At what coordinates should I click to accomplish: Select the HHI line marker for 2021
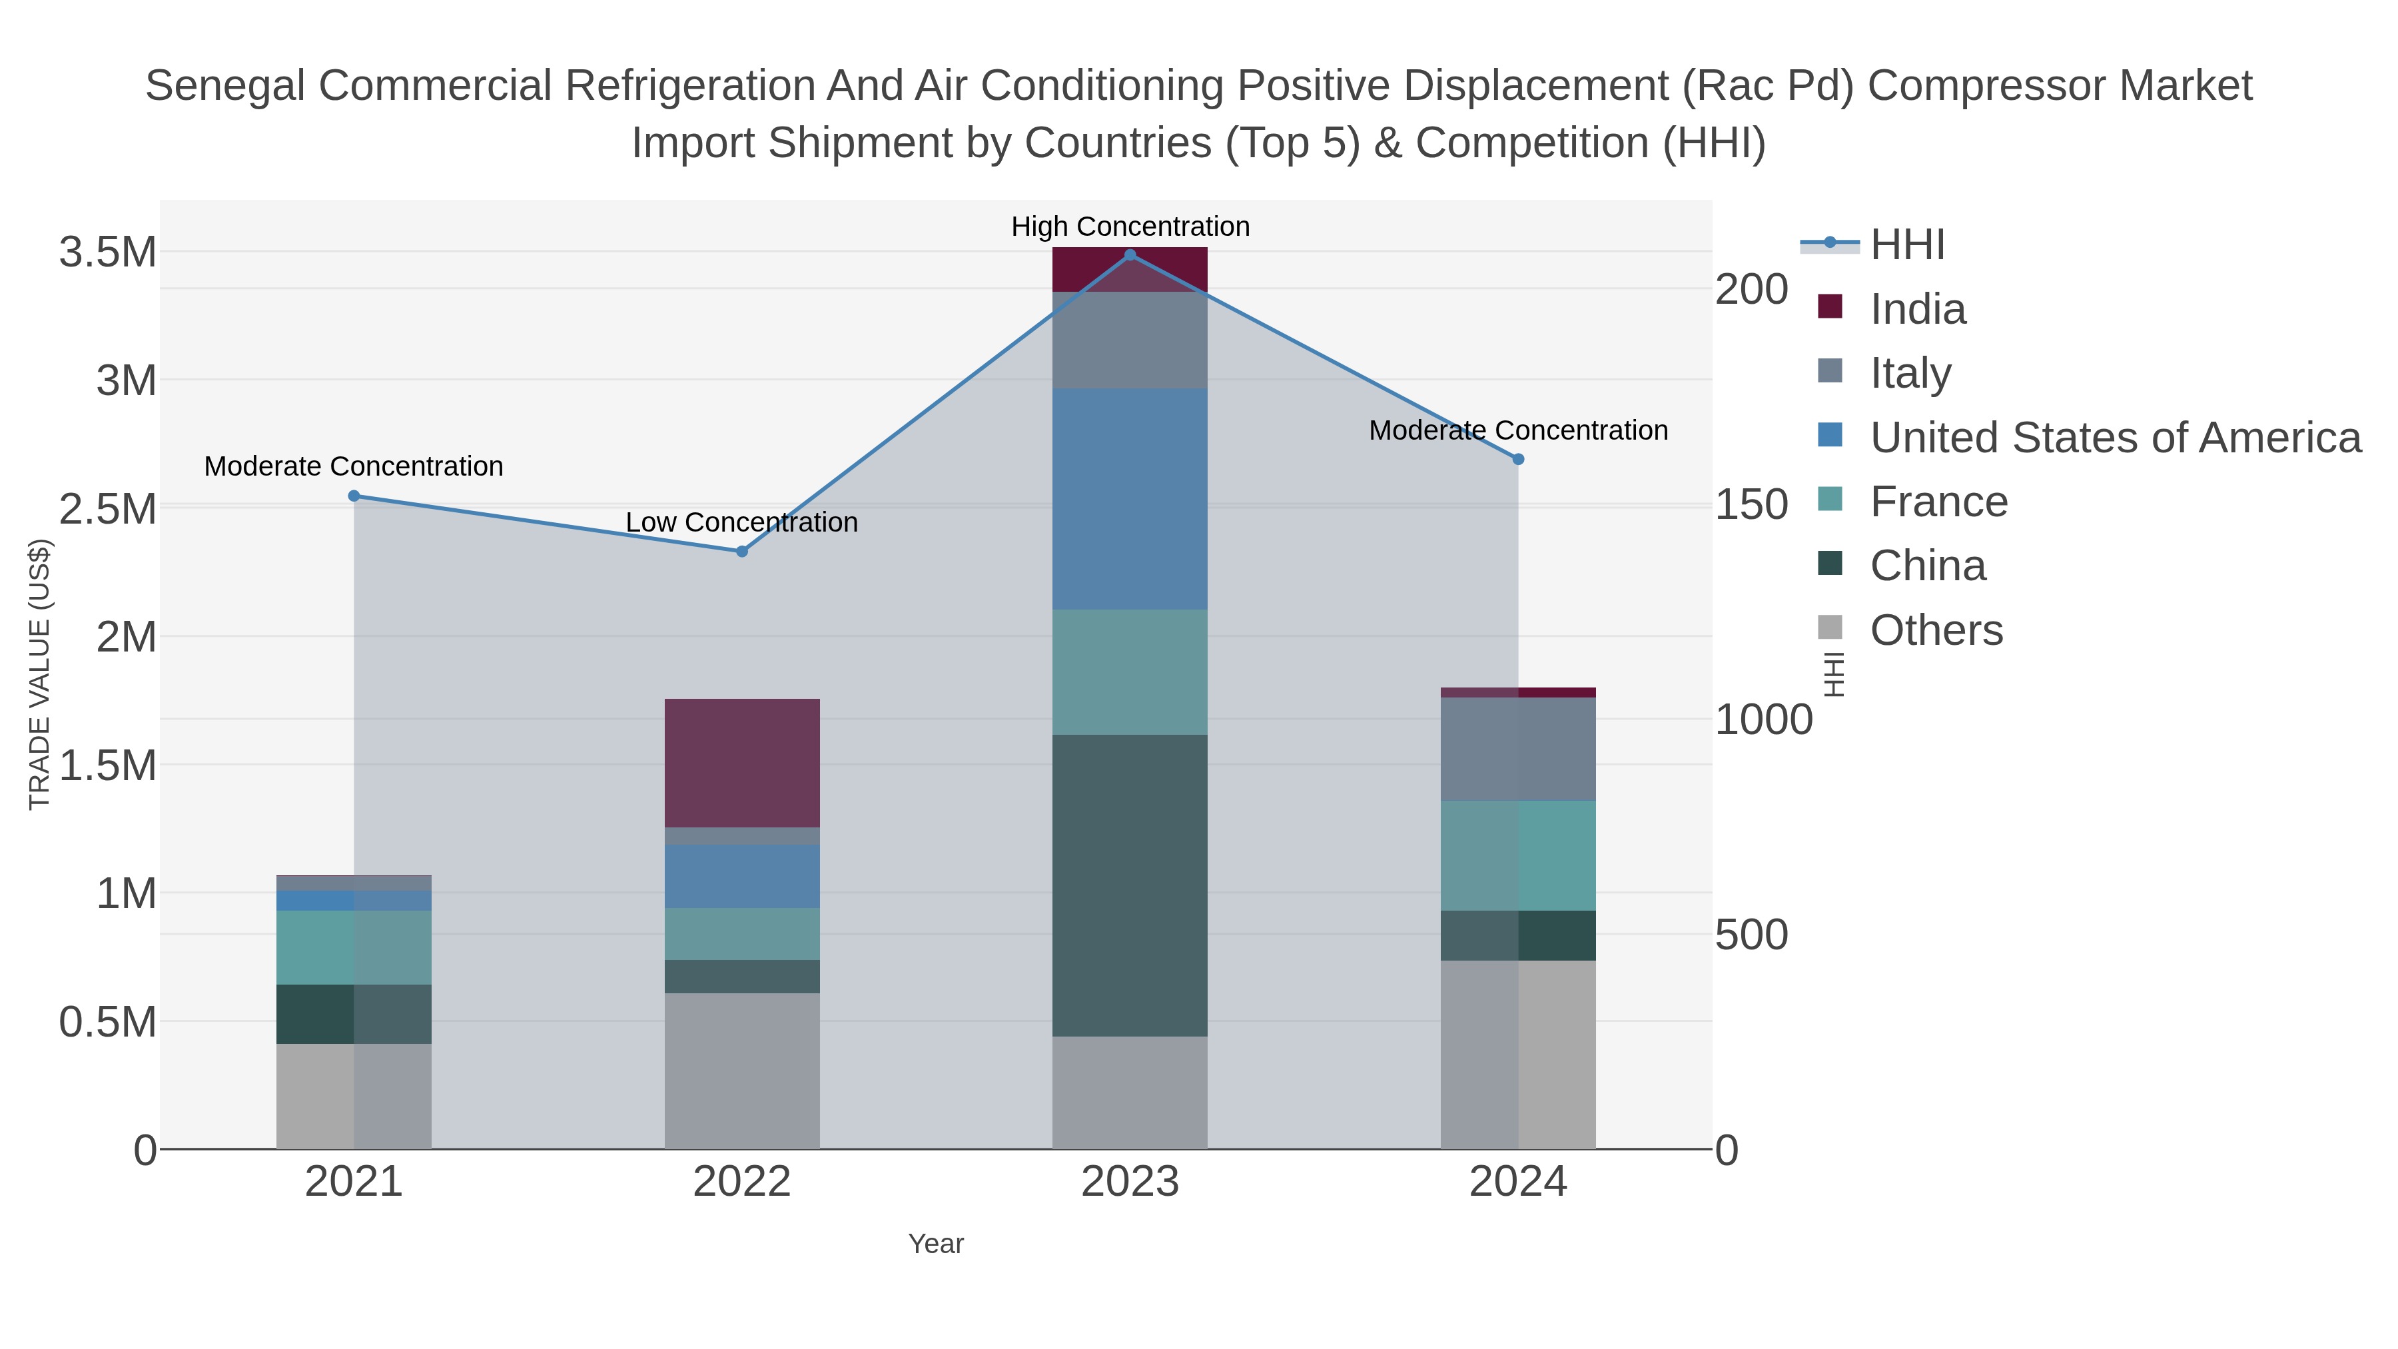(x=354, y=496)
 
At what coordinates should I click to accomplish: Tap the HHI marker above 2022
(x=742, y=551)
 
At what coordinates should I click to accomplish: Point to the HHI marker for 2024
(x=1517, y=459)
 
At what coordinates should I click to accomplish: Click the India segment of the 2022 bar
(x=742, y=763)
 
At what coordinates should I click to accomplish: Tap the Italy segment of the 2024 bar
(x=1517, y=749)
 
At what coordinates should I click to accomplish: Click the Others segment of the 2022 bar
(x=742, y=1071)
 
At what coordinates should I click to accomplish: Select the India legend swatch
(x=1830, y=307)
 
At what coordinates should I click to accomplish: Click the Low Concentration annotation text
(x=742, y=523)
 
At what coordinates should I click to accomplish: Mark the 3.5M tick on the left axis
(x=108, y=252)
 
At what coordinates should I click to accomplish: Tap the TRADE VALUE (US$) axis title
(x=39, y=674)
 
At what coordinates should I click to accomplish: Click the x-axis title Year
(x=936, y=1244)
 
